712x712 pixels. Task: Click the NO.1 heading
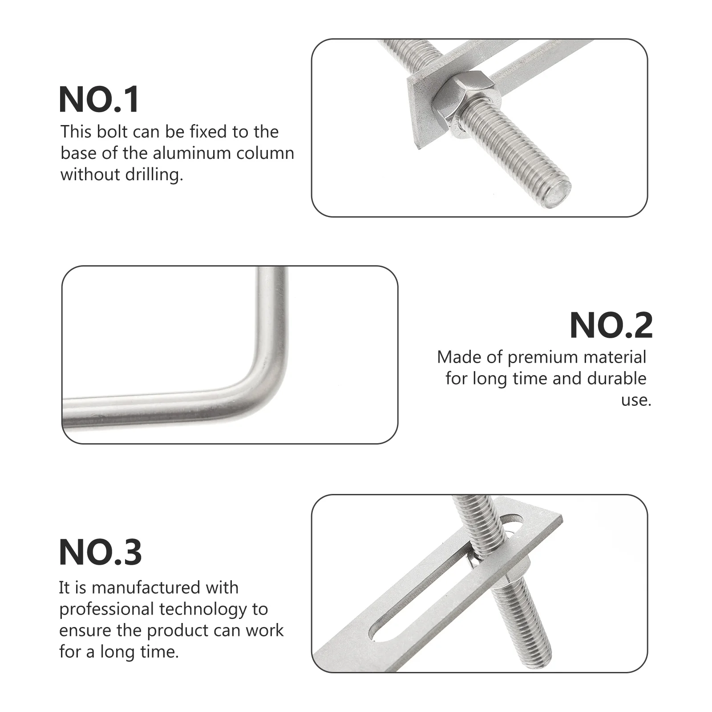tap(99, 100)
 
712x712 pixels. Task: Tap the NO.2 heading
tap(611, 325)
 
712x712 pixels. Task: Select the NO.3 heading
tap(101, 552)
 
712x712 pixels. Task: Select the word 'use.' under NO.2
tap(636, 400)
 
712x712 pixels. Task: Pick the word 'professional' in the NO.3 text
tap(106, 609)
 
